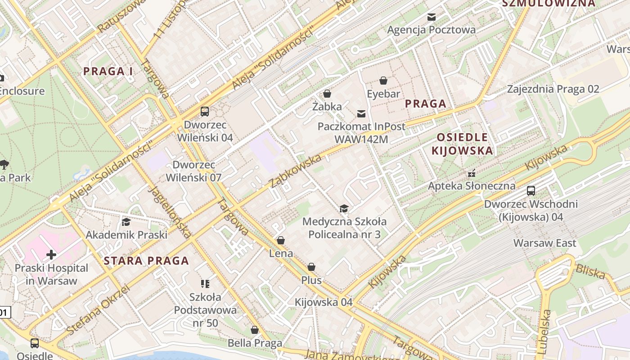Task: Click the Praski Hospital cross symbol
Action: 51,255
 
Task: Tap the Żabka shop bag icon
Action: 327,94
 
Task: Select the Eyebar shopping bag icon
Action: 383,81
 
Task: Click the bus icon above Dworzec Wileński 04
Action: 205,111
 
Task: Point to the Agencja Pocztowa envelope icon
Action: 432,17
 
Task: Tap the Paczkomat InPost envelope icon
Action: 361,113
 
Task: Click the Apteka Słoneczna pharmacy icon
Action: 472,173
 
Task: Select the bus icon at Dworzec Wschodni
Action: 531,190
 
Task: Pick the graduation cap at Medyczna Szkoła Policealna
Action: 344,208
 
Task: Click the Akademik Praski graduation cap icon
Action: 126,222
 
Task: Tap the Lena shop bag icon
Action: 281,240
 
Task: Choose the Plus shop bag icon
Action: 311,267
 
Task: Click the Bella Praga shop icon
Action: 255,330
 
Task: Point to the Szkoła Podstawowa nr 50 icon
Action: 205,283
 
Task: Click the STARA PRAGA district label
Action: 146,261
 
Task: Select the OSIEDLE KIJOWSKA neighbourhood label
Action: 463,144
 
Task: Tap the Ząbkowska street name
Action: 296,171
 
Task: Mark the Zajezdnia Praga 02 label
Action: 553,89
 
